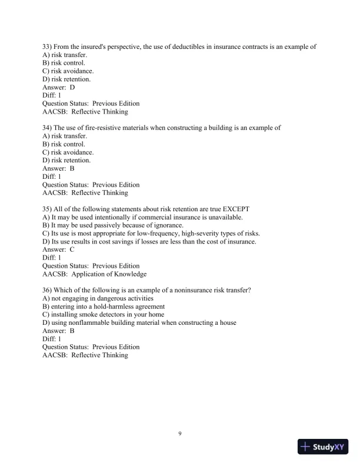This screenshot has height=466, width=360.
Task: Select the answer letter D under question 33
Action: coord(72,86)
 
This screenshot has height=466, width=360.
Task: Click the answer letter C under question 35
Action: coord(72,249)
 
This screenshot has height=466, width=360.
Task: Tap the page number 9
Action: coord(180,434)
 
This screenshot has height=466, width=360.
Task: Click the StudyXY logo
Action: coord(324,447)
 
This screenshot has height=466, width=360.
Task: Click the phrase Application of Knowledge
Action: coord(109,274)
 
